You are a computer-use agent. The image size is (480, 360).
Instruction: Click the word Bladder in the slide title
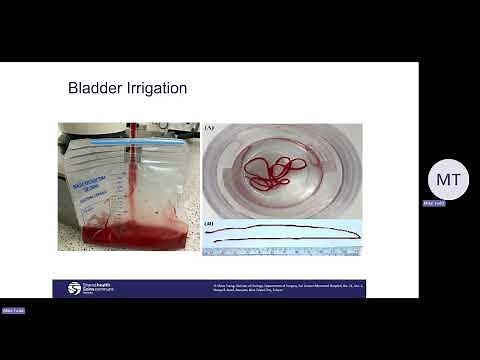tap(93, 88)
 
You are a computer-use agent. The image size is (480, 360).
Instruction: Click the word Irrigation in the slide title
tap(154, 89)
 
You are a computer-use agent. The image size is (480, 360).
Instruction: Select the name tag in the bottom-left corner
tap(13, 311)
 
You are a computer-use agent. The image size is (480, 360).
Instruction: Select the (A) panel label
tap(208, 128)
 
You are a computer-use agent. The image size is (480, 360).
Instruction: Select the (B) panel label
tap(208, 223)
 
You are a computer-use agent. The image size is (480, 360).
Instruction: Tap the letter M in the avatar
tap(440, 181)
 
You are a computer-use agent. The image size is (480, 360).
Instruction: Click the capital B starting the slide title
tap(73, 88)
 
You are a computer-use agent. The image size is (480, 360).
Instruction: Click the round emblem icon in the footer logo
tap(74, 288)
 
